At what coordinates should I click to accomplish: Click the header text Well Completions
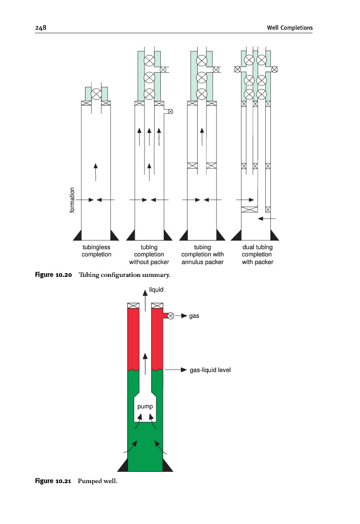(289, 28)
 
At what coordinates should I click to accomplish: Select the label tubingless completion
(96, 251)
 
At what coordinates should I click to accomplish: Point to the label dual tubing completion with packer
(257, 254)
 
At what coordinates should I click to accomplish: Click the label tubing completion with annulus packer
(202, 254)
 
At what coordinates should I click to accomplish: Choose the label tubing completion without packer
(149, 254)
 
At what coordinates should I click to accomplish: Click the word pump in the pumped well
(145, 407)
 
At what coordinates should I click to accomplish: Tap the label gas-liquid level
(210, 369)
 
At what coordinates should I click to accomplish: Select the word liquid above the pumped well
(156, 290)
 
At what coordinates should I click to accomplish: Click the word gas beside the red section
(194, 316)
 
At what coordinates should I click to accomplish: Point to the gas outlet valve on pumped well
(171, 316)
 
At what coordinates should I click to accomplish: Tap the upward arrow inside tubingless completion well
(96, 171)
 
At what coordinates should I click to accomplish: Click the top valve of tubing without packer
(149, 61)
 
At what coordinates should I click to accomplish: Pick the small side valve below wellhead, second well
(171, 111)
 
